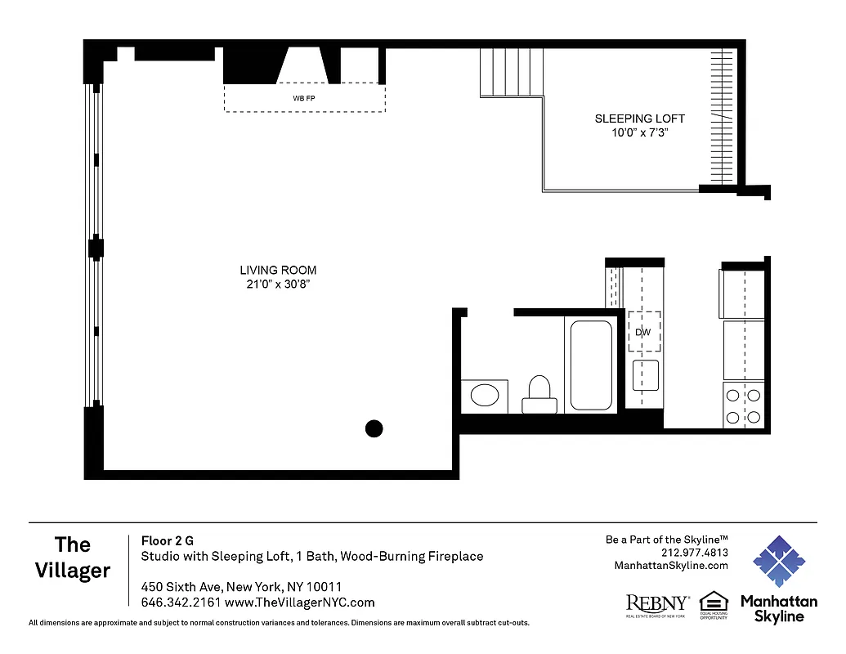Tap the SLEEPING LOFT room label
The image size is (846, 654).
tap(639, 119)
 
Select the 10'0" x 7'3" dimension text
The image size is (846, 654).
tap(639, 132)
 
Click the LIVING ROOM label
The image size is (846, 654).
tap(278, 270)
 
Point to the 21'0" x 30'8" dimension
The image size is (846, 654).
tap(278, 284)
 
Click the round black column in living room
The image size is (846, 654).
tap(374, 428)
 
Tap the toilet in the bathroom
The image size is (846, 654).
tap(539, 394)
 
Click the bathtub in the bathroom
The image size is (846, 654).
tap(591, 365)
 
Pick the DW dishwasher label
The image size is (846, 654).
tap(643, 332)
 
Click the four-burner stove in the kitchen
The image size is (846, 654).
tap(744, 405)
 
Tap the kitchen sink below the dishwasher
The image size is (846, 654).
tap(646, 376)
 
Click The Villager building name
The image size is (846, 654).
tap(73, 557)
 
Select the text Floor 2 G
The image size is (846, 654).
tap(168, 540)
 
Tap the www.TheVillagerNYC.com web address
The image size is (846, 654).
tap(299, 602)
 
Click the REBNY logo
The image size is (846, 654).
tap(657, 604)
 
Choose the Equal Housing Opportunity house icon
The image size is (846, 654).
tap(714, 601)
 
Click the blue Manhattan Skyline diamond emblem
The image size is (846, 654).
tap(778, 562)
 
